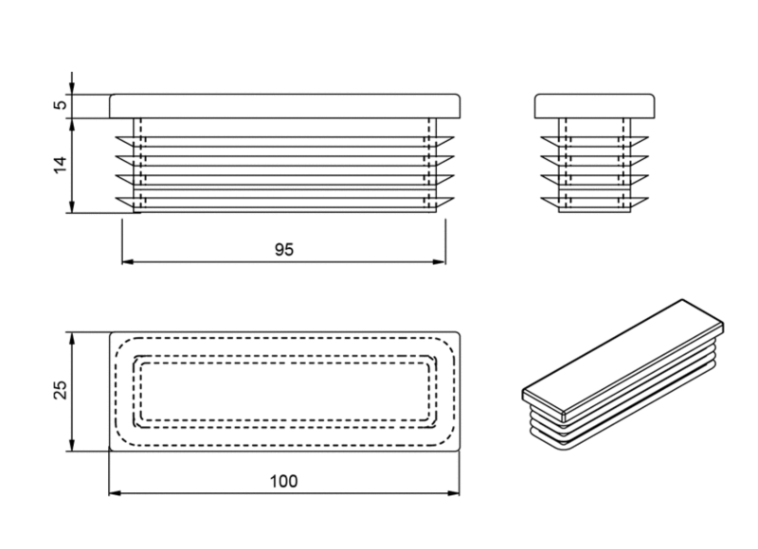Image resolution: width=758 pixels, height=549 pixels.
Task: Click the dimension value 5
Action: click(x=61, y=104)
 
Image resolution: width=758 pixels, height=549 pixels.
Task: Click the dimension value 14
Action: click(x=60, y=165)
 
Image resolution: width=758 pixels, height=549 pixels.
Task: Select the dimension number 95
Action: click(x=284, y=250)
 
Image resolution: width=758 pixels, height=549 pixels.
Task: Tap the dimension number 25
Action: click(x=60, y=390)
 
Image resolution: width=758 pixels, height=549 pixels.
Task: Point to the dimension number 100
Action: click(x=283, y=482)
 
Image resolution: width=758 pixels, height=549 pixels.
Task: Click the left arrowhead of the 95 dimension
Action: click(x=128, y=262)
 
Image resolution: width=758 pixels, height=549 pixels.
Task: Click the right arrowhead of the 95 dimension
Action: click(x=440, y=262)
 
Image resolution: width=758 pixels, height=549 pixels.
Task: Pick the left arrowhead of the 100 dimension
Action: click(x=115, y=493)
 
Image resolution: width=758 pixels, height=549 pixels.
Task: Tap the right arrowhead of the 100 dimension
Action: click(x=454, y=493)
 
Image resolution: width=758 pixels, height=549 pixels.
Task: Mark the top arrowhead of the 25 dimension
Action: click(x=72, y=339)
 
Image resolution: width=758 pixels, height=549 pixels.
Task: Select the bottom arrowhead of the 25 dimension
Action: click(x=72, y=445)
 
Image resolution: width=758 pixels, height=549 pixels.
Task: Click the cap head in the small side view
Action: click(x=595, y=106)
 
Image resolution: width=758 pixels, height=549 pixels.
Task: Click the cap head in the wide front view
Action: click(x=285, y=106)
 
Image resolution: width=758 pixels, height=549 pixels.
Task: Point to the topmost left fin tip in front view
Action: click(x=117, y=137)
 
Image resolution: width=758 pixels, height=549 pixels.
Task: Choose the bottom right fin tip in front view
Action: click(x=454, y=199)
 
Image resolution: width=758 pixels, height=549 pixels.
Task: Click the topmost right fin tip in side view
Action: click(x=647, y=137)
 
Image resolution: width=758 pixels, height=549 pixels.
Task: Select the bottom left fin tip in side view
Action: click(x=542, y=199)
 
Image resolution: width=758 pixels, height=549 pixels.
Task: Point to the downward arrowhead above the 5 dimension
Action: click(x=72, y=88)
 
